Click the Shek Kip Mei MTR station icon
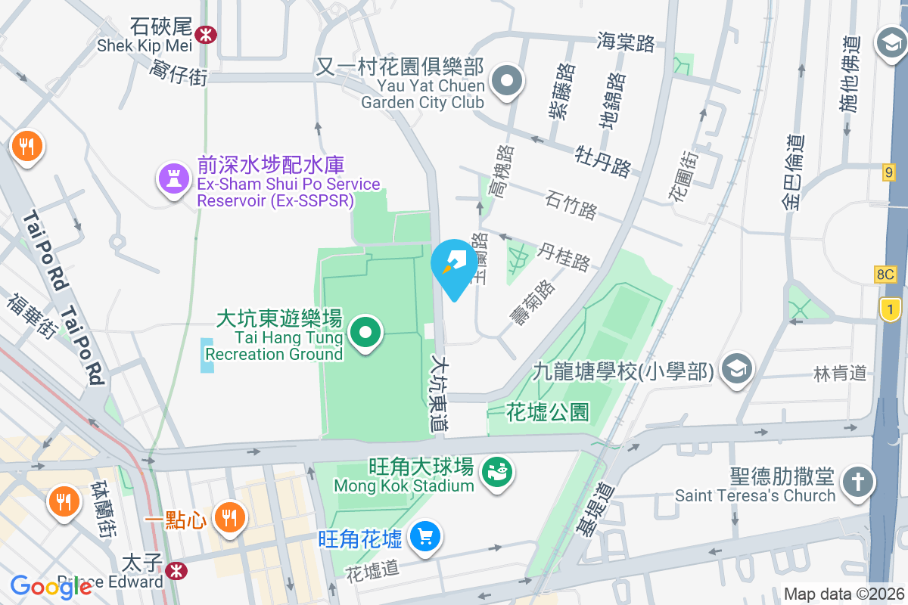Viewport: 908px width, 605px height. [x=205, y=34]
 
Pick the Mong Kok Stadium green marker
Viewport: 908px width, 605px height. [x=496, y=473]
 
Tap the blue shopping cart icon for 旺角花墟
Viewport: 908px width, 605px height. [x=424, y=536]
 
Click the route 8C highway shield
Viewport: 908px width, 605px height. [x=885, y=275]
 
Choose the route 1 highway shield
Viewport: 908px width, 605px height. [x=891, y=309]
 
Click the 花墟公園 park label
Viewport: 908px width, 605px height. [x=547, y=412]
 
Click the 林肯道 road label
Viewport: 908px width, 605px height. [x=839, y=373]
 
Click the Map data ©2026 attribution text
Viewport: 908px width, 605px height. [x=843, y=594]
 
